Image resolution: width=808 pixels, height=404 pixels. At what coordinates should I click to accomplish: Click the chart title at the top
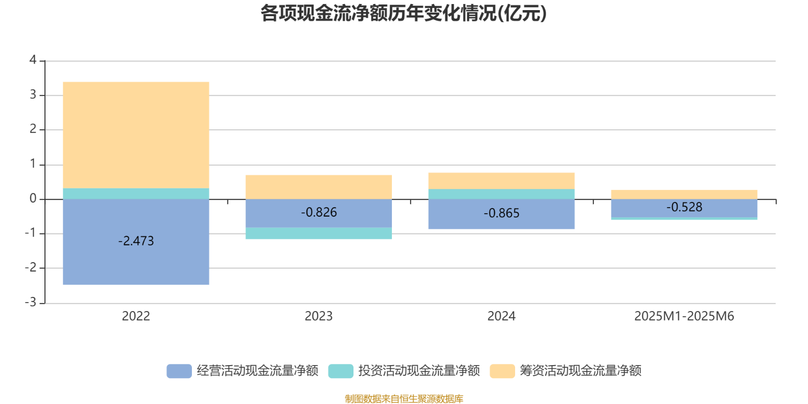[x=403, y=14]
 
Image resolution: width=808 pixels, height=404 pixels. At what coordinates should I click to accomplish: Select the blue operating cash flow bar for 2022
[x=136, y=263]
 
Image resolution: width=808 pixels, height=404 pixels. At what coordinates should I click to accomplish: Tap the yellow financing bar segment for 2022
[x=136, y=134]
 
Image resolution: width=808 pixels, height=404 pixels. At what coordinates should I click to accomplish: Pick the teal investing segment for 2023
[x=319, y=233]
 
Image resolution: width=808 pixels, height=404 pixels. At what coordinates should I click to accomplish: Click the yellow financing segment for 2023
[x=319, y=186]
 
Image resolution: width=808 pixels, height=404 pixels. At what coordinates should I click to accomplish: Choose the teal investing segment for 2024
[x=501, y=194]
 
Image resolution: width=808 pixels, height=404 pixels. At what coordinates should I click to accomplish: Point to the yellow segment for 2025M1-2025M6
[x=684, y=194]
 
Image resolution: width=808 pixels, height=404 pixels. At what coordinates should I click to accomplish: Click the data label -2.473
[x=136, y=241]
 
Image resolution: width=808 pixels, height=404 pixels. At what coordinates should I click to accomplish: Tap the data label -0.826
[x=319, y=213]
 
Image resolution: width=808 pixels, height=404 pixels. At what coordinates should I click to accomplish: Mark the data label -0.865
[x=501, y=214]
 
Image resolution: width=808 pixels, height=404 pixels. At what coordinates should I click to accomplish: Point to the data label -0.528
[x=684, y=207]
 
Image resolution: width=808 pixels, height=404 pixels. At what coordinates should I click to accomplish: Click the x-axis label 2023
[x=319, y=316]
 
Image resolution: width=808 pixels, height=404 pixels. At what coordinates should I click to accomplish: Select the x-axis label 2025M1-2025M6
[x=684, y=316]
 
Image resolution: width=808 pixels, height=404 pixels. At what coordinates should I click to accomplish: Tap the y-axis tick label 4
[x=33, y=60]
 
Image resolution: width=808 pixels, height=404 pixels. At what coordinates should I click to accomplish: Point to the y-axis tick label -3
[x=31, y=302]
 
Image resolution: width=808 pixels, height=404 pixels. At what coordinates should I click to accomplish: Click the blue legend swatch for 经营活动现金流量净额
[x=179, y=371]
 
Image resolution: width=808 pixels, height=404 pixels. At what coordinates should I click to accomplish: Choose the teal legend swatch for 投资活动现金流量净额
[x=340, y=371]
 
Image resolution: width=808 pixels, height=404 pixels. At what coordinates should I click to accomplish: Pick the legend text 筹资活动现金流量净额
[x=581, y=371]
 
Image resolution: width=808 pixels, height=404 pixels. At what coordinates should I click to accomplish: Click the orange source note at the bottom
[x=403, y=399]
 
